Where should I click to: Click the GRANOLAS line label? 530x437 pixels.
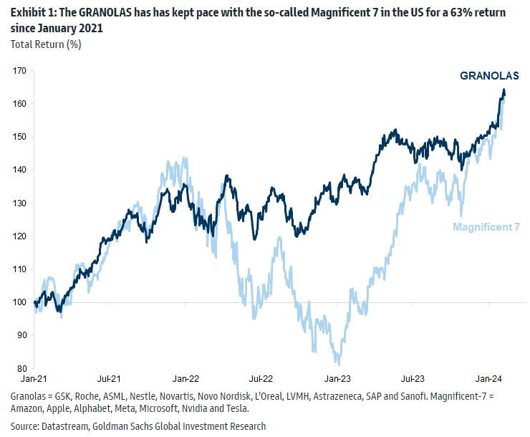(488, 76)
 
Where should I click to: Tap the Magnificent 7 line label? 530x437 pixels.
(486, 227)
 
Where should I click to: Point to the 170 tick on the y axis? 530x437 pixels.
(19, 71)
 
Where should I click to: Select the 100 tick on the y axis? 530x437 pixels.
(19, 302)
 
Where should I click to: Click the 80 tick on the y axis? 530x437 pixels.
(21, 368)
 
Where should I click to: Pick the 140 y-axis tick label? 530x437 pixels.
(19, 170)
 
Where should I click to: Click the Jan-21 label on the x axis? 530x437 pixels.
(34, 378)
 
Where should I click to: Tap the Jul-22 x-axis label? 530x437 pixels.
(261, 378)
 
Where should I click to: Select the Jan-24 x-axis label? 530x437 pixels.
(489, 378)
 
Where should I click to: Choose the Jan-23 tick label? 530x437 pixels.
(337, 378)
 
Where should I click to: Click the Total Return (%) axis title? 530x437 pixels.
(46, 44)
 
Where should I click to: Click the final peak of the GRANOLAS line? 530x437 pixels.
(503, 90)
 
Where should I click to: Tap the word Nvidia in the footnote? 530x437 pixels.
(193, 408)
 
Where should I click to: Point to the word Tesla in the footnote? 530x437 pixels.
(236, 408)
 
